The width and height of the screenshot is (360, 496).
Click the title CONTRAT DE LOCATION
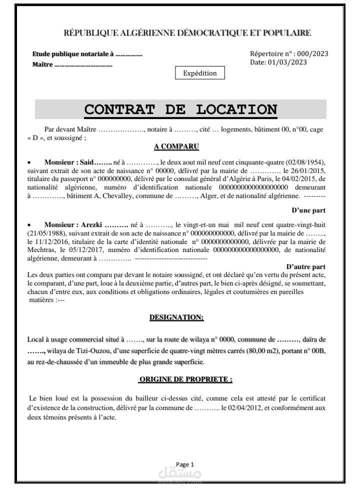(x=180, y=109)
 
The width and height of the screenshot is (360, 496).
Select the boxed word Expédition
(x=200, y=73)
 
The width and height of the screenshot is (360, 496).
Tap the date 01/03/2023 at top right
(x=287, y=62)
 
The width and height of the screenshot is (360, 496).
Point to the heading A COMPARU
(x=176, y=147)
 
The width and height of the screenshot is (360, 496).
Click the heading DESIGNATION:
(x=176, y=317)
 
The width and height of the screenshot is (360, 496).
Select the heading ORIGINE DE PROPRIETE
(x=185, y=379)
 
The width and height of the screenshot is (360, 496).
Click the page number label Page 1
(x=185, y=464)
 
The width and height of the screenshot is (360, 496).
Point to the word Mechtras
(x=43, y=248)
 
